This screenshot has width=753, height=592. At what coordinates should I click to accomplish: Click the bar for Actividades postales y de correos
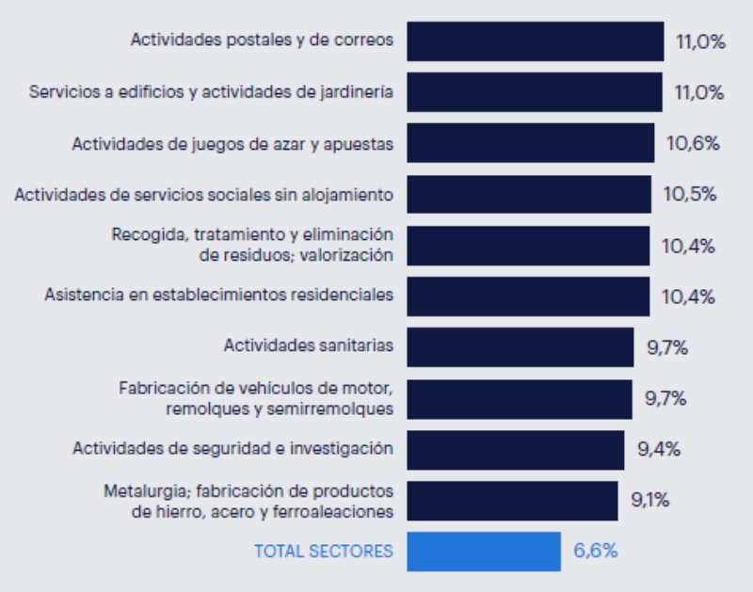535,40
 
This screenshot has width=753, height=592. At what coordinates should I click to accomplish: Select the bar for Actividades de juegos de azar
530,143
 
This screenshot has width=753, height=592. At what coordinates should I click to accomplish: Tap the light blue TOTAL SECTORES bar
483,551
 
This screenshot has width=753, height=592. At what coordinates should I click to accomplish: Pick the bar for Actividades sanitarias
520,346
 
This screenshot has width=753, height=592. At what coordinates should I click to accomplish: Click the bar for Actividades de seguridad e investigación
515,449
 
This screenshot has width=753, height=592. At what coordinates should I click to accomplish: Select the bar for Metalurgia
512,500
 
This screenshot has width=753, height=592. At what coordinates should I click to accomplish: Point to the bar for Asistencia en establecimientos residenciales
527,296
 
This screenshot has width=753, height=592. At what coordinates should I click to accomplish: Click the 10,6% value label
693,143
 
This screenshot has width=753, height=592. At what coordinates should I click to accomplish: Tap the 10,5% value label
690,195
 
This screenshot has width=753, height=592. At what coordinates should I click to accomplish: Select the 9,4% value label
659,449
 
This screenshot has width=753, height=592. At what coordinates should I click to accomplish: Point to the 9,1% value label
650,500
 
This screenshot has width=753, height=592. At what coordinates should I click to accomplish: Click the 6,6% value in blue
596,551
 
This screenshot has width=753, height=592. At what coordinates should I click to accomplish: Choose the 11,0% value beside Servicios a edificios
699,92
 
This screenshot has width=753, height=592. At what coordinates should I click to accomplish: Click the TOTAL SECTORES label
324,552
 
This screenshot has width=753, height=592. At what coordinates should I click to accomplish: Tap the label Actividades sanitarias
308,345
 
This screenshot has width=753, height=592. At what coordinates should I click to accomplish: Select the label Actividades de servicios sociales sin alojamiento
203,195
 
